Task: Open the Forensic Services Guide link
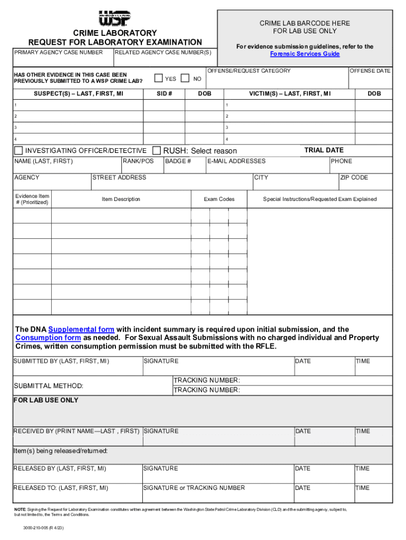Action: pyautogui.click(x=305, y=54)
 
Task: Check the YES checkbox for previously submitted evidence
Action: pyautogui.click(x=158, y=78)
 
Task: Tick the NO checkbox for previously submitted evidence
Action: pyautogui.click(x=185, y=78)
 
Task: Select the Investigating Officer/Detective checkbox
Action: pyautogui.click(x=18, y=150)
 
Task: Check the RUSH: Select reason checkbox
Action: pyautogui.click(x=157, y=150)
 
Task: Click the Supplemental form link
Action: pyautogui.click(x=81, y=329)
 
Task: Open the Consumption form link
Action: pyautogui.click(x=48, y=337)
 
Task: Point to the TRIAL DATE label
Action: pyautogui.click(x=324, y=150)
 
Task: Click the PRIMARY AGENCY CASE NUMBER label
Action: pyautogui.click(x=59, y=53)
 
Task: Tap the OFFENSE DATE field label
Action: pyautogui.click(x=371, y=71)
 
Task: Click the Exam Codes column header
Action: pyautogui.click(x=219, y=199)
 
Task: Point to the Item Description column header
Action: pyautogui.click(x=121, y=199)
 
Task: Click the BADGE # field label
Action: pyautogui.click(x=178, y=161)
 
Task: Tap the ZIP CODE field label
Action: pyautogui.click(x=354, y=177)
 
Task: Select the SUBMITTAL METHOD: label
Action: pyautogui.click(x=49, y=386)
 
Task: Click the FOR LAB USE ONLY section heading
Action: pyautogui.click(x=46, y=400)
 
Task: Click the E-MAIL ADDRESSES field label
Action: pyautogui.click(x=236, y=161)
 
